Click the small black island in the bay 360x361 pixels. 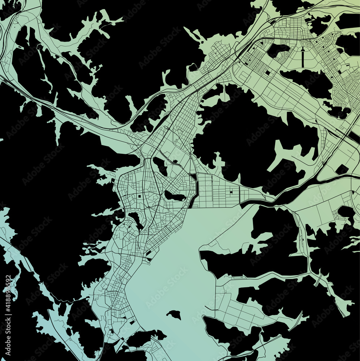click(x=174, y=314)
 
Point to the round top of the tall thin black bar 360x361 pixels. click(x=303, y=47)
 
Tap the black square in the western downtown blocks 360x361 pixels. click(x=139, y=196)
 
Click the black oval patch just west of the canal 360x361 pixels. click(x=175, y=196)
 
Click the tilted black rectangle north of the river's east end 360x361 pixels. click(x=342, y=169)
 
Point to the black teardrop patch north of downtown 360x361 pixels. click(x=159, y=166)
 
